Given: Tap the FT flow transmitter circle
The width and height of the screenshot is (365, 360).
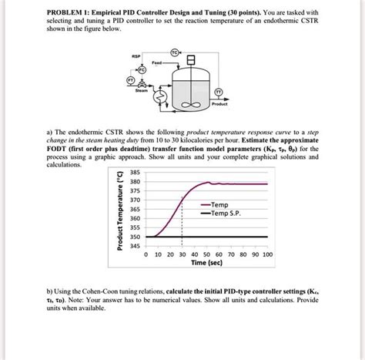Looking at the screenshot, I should [x=120, y=81].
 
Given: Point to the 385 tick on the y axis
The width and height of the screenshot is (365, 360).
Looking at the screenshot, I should [x=133, y=172].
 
